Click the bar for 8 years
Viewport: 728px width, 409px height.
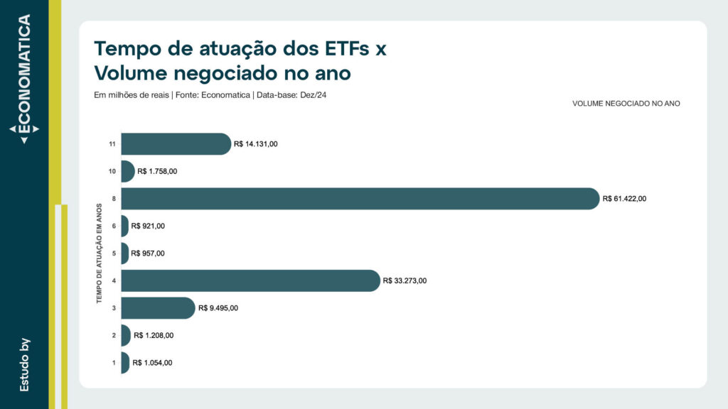[360, 199]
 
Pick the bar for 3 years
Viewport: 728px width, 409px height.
[157, 308]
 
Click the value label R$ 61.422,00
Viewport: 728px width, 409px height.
[624, 199]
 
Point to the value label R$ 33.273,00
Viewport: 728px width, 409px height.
[405, 280]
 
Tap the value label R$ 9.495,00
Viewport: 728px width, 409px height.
[218, 308]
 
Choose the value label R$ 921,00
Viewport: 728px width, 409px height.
[148, 226]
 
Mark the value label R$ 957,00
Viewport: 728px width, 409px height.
[148, 253]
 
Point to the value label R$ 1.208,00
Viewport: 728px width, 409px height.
[153, 335]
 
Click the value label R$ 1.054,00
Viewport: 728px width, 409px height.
[152, 363]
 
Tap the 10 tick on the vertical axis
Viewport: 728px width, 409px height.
[112, 172]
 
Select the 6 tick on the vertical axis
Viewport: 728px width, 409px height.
[114, 226]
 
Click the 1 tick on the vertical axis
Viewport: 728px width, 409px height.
[114, 363]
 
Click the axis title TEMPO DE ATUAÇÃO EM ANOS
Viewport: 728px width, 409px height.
[100, 253]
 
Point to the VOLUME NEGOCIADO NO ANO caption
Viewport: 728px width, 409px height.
[626, 104]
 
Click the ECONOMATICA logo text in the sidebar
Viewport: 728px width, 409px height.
[24, 75]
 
